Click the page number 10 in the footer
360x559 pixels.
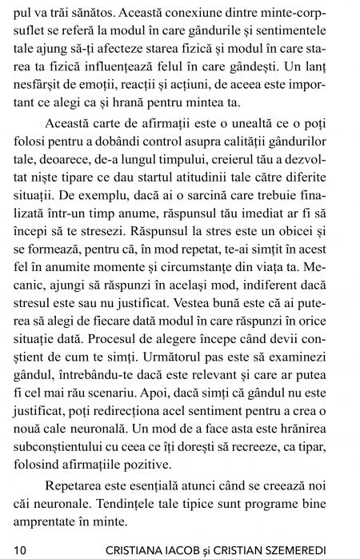[18, 549]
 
